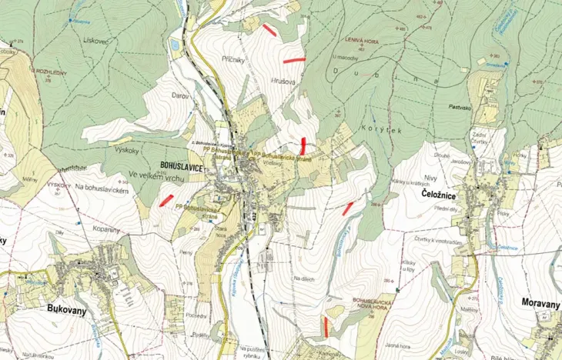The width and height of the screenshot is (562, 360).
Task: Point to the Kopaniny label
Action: point(107,230)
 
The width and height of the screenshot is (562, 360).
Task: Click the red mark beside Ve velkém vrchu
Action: point(166,200)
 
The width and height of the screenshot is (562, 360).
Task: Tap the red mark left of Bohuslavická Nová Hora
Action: point(326,327)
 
